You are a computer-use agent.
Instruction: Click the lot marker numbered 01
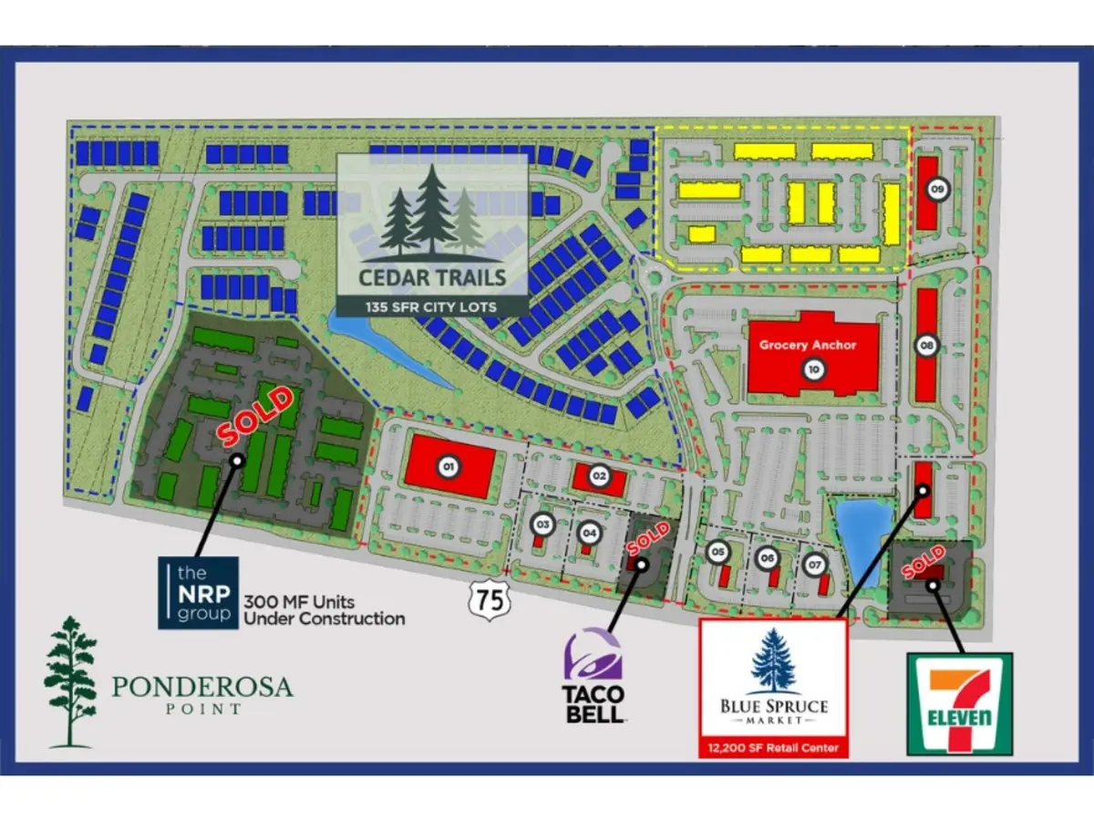coord(448,467)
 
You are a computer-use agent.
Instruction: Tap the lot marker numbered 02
coord(599,474)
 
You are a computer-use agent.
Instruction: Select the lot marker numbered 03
coord(542,525)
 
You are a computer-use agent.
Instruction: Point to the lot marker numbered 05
coord(718,552)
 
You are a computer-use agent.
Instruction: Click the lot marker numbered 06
coord(768,558)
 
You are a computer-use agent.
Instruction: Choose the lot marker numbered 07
coord(815,565)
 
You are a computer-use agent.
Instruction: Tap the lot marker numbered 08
coord(927,346)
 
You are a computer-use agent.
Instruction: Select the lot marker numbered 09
coord(938,190)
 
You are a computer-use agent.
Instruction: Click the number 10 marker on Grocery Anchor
coord(813,369)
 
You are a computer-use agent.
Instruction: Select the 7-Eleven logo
coord(959,703)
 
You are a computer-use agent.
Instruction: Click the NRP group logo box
coord(198,592)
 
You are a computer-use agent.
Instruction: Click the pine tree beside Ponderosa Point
coord(70,681)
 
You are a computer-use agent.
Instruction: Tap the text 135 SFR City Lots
coord(432,307)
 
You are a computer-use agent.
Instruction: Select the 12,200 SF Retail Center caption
coord(773,748)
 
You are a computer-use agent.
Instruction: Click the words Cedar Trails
coord(432,275)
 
